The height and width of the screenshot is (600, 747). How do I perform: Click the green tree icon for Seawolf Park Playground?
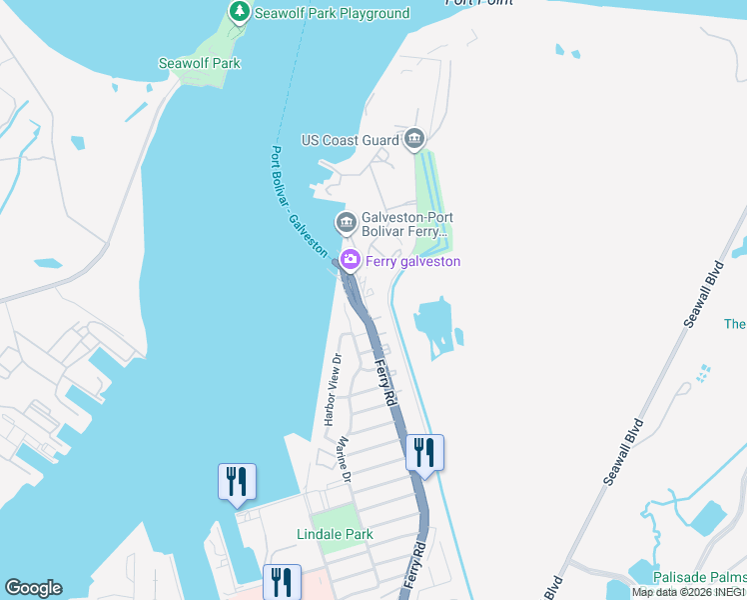pyautogui.click(x=239, y=12)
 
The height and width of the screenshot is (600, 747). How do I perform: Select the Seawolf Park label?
pyautogui.click(x=200, y=63)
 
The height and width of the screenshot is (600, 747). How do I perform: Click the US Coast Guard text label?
pyautogui.click(x=350, y=140)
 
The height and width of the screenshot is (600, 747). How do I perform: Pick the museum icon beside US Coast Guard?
pyautogui.click(x=414, y=139)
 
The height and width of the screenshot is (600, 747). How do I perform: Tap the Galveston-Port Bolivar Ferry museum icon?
pyautogui.click(x=346, y=221)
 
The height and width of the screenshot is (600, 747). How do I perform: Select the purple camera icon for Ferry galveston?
pyautogui.click(x=351, y=261)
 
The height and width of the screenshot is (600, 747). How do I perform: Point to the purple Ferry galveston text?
pyautogui.click(x=412, y=261)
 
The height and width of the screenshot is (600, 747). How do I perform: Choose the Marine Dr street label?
pyautogui.click(x=345, y=460)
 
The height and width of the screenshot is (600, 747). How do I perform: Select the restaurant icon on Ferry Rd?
pyautogui.click(x=424, y=454)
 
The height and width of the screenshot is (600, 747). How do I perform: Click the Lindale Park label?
pyautogui.click(x=336, y=534)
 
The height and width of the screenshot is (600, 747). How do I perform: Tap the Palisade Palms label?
pyautogui.click(x=699, y=577)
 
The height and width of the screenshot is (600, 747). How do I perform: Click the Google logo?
pyautogui.click(x=33, y=588)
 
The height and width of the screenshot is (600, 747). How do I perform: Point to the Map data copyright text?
pyautogui.click(x=688, y=592)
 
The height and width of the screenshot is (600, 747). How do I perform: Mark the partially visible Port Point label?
pyautogui.click(x=479, y=3)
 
